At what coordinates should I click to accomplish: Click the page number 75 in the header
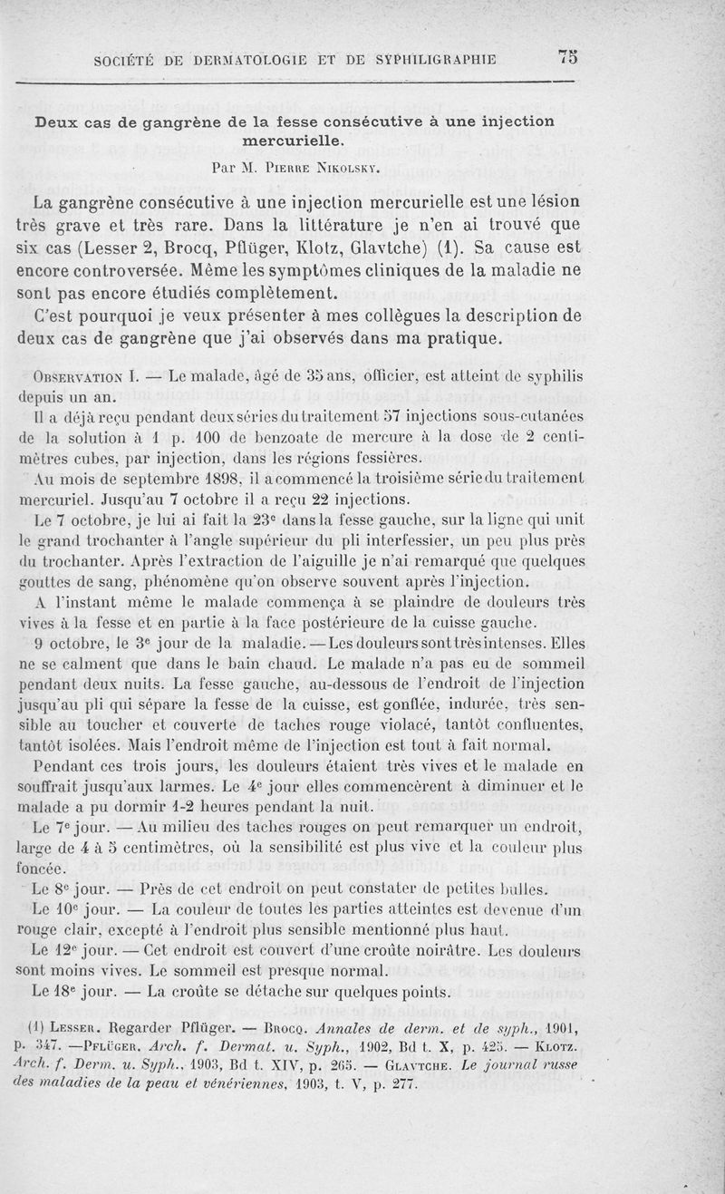[x=568, y=57]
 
